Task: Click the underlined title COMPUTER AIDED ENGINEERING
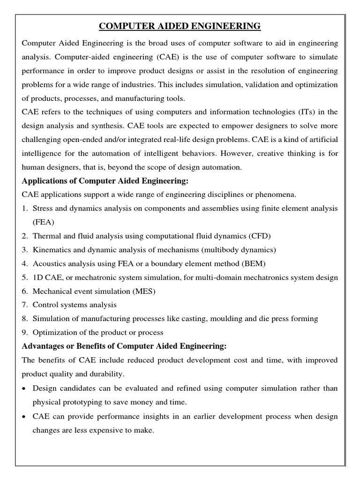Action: tap(180, 26)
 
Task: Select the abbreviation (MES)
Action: tap(142, 291)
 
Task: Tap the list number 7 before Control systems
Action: tap(25, 305)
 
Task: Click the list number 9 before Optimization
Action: tap(25, 333)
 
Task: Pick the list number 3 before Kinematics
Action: tap(25, 249)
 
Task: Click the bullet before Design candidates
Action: tap(24, 389)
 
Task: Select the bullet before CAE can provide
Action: tap(24, 417)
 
